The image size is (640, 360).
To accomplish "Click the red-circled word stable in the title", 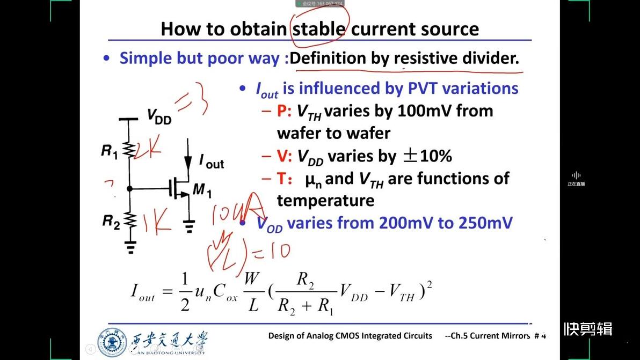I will [319, 28].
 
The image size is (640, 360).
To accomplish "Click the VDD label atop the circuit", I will [159, 116].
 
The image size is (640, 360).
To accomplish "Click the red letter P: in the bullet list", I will [283, 111].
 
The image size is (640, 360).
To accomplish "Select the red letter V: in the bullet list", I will [283, 156].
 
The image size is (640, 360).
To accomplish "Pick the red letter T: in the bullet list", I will [283, 179].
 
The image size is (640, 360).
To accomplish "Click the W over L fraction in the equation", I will [253, 292].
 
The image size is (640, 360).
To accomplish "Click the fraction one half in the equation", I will [185, 292].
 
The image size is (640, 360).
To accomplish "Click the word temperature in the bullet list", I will [317, 201].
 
